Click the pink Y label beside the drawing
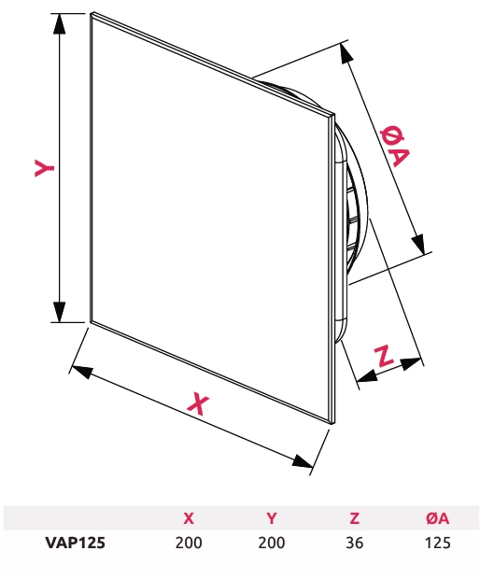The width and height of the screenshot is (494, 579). (x=44, y=168)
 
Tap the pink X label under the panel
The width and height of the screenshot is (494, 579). (x=198, y=403)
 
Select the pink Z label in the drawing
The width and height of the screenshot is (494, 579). (x=384, y=357)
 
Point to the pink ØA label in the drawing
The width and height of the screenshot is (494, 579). (x=394, y=147)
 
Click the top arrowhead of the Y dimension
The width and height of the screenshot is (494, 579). (x=59, y=24)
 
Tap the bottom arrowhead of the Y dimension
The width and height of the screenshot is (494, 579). (x=59, y=312)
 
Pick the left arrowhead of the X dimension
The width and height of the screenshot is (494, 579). (x=81, y=371)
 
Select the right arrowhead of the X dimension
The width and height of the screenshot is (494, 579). (x=303, y=461)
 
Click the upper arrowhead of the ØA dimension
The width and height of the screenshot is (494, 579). (x=346, y=53)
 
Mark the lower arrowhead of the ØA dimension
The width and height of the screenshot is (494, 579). (x=418, y=244)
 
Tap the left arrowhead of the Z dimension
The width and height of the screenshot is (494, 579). (x=367, y=376)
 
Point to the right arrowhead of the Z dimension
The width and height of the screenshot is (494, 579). (x=411, y=363)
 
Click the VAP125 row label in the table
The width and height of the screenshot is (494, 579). (x=75, y=543)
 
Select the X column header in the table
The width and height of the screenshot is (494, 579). (x=189, y=518)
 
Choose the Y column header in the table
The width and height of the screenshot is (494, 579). (x=272, y=518)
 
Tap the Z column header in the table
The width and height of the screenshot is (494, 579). (x=355, y=518)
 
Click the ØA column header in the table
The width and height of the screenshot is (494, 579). (x=438, y=518)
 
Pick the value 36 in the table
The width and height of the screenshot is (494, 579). (x=355, y=543)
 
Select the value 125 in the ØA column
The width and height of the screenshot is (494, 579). (x=438, y=543)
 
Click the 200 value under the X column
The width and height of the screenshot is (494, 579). (x=189, y=543)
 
